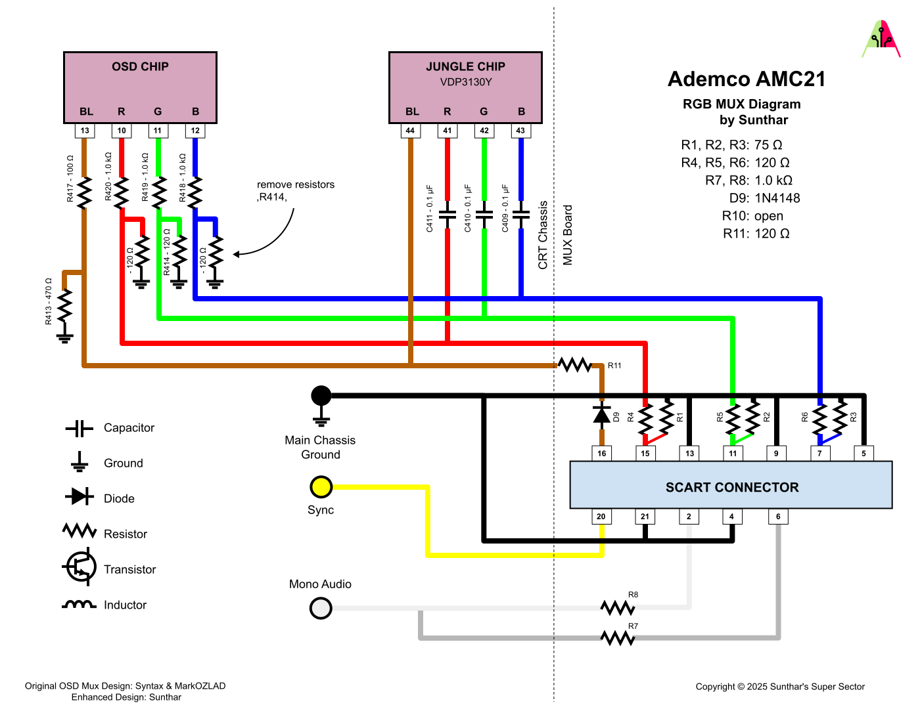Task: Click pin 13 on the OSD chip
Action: pyautogui.click(x=85, y=131)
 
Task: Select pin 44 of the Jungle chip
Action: pyautogui.click(x=410, y=131)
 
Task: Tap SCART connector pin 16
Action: pyautogui.click(x=602, y=453)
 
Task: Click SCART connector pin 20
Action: pyautogui.click(x=601, y=517)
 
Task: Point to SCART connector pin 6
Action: pyautogui.click(x=778, y=517)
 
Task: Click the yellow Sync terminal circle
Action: pyautogui.click(x=321, y=487)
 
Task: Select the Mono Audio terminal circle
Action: pyautogui.click(x=321, y=609)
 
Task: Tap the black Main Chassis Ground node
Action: pyautogui.click(x=321, y=395)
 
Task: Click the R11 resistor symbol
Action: pyautogui.click(x=575, y=365)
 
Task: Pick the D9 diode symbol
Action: pyautogui.click(x=602, y=415)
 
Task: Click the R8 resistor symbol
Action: pyautogui.click(x=618, y=607)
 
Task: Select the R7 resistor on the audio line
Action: pyautogui.click(x=618, y=637)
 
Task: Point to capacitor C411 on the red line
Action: pyautogui.click(x=448, y=215)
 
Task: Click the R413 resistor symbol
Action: pyautogui.click(x=64, y=306)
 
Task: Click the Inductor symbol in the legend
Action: pyautogui.click(x=79, y=605)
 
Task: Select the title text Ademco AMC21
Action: pyautogui.click(x=747, y=79)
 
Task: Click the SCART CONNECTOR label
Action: pyautogui.click(x=732, y=487)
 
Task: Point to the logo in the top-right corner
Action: pyautogui.click(x=881, y=39)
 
